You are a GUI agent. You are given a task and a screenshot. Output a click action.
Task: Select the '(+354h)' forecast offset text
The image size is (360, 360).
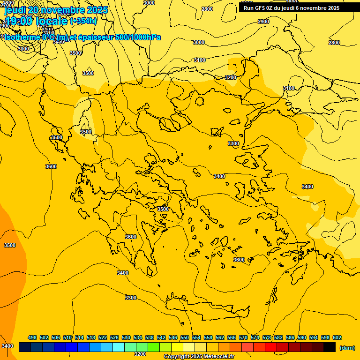pos(83,21)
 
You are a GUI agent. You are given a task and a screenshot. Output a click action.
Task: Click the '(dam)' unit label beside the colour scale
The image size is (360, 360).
pos(347,347)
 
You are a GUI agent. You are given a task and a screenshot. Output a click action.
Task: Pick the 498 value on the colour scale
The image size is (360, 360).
pos(32,337)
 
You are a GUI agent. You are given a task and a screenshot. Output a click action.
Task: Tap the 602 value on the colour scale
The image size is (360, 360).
pos(337,337)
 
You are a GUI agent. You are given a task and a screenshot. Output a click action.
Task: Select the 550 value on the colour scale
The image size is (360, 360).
pos(185,337)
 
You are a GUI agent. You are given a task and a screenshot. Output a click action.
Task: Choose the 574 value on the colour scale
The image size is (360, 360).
pos(255,337)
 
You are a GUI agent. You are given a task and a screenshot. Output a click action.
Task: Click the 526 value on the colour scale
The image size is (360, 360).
pos(114,337)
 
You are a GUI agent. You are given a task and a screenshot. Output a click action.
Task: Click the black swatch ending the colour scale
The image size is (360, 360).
pos(330,347)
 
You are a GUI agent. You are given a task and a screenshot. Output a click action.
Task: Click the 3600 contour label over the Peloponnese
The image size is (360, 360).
pos(131,237)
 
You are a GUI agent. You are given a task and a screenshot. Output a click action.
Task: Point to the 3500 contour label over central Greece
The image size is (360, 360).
pos(163,209)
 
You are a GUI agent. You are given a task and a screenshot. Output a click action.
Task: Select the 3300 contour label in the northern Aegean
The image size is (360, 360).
pos(233,143)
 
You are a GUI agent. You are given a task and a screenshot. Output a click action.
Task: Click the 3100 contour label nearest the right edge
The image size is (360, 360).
pos(289,88)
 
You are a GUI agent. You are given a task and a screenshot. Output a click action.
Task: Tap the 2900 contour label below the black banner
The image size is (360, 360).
pos(263,22)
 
